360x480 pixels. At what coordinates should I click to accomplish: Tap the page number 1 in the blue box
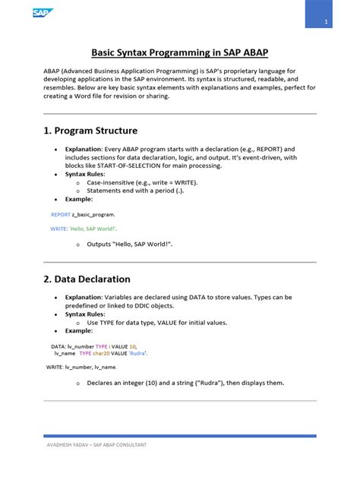coord(325,21)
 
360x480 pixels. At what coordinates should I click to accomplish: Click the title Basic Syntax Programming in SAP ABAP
coord(179,52)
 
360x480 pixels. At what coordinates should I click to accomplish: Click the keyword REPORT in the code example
coord(60,215)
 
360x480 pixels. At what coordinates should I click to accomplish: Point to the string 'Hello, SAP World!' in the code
coord(93,228)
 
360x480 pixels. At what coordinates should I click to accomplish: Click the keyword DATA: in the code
coord(58,346)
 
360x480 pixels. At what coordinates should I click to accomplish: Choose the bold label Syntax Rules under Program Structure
coord(84,175)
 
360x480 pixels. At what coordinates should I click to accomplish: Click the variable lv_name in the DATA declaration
coord(65,353)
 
